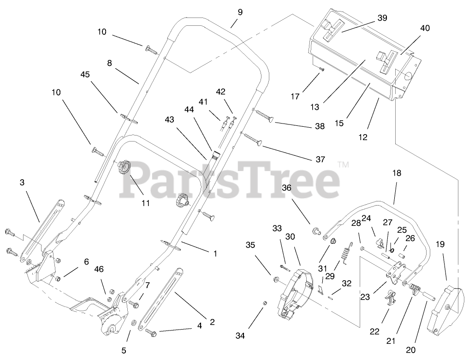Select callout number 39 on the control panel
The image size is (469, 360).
pyautogui.click(x=382, y=18)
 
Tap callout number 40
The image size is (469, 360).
pyautogui.click(x=425, y=28)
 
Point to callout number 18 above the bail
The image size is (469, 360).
pyautogui.click(x=397, y=173)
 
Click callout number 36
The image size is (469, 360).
pyautogui.click(x=287, y=188)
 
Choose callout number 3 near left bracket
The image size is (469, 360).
pyautogui.click(x=22, y=183)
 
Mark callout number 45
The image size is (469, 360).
pyautogui.click(x=85, y=74)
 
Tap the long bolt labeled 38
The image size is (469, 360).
pyautogui.click(x=263, y=115)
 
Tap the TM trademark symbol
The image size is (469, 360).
pyautogui.click(x=343, y=164)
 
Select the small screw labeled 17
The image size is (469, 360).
pyautogui.click(x=321, y=69)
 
